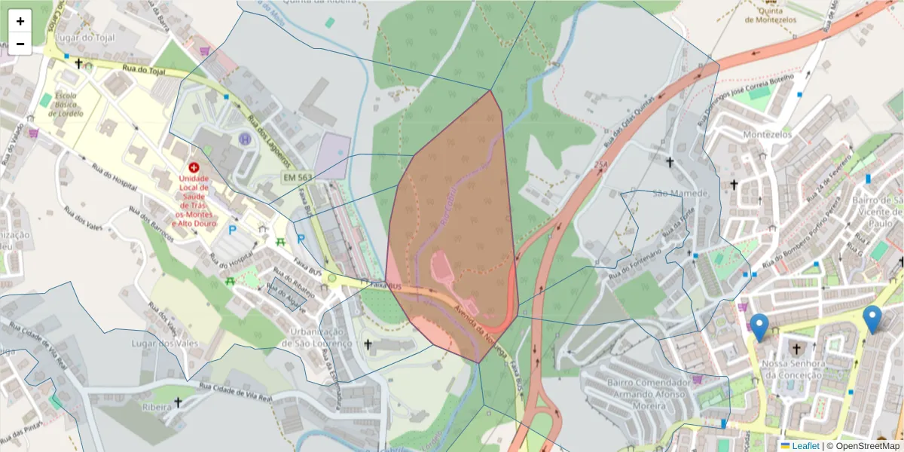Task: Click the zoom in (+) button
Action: pyautogui.click(x=20, y=21)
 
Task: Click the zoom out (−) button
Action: pyautogui.click(x=20, y=44)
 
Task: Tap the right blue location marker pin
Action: pyautogui.click(x=872, y=319)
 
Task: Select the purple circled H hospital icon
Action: pyautogui.click(x=245, y=139)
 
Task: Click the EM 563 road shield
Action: pyautogui.click(x=297, y=177)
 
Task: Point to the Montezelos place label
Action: pyautogui.click(x=768, y=134)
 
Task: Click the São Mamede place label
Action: pyautogui.click(x=681, y=194)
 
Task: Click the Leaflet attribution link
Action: pyautogui.click(x=804, y=446)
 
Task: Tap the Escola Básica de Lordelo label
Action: pyautogui.click(x=65, y=105)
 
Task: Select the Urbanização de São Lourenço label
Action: pyautogui.click(x=317, y=338)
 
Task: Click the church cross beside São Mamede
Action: pyautogui.click(x=670, y=162)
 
